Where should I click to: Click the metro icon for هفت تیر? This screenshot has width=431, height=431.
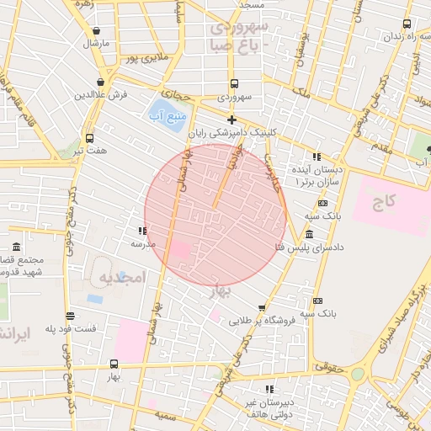click(90, 137)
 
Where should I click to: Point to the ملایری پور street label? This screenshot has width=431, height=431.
click(141, 58)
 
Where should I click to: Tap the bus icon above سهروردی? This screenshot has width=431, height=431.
click(233, 83)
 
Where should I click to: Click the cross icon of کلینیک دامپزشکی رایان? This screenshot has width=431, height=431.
click(231, 120)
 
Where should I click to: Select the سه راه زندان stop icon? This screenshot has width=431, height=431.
click(407, 24)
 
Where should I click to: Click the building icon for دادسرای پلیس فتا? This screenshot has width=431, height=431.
click(309, 235)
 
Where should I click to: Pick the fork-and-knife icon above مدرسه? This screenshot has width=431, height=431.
click(141, 231)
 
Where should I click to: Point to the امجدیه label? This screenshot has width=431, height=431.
click(122, 277)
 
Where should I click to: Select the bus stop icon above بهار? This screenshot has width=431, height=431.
click(114, 363)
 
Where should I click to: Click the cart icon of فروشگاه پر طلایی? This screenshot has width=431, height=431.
click(263, 307)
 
